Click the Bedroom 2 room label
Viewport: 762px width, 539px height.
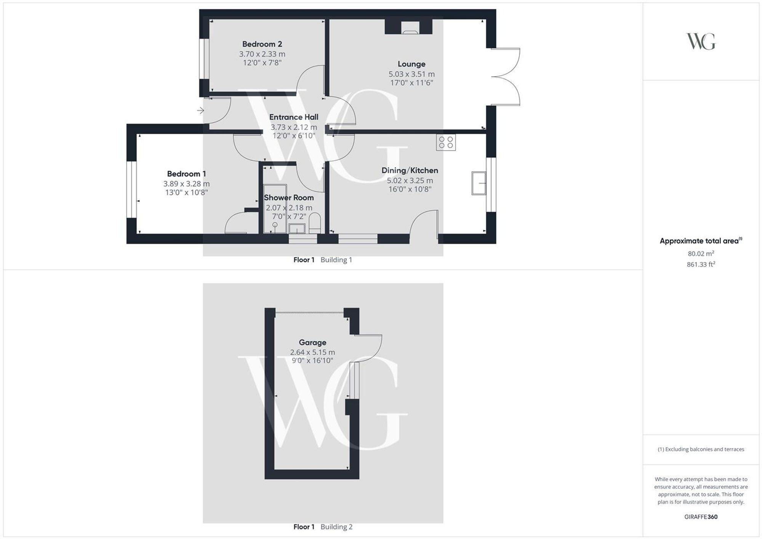pyautogui.click(x=262, y=44)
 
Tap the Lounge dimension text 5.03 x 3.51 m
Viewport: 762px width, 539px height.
pyautogui.click(x=411, y=74)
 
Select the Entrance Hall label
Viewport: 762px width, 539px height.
pyautogui.click(x=294, y=117)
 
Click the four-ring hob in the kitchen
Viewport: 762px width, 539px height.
pyautogui.click(x=446, y=142)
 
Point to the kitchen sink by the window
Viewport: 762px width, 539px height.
pyautogui.click(x=479, y=183)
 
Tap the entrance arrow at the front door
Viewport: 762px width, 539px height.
pyautogui.click(x=200, y=111)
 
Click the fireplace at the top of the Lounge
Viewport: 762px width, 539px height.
pyautogui.click(x=408, y=27)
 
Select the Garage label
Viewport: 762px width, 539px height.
pyautogui.click(x=312, y=342)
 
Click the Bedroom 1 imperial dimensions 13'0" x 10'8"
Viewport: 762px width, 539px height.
pyautogui.click(x=186, y=192)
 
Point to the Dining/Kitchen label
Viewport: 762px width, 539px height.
pyautogui.click(x=410, y=170)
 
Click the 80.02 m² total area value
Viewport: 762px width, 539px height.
pyautogui.click(x=701, y=253)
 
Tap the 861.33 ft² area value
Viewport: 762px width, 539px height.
pyautogui.click(x=701, y=264)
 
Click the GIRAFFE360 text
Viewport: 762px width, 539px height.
pyautogui.click(x=701, y=517)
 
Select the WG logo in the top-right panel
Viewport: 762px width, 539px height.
pyautogui.click(x=701, y=41)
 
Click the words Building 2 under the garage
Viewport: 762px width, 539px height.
pyautogui.click(x=336, y=527)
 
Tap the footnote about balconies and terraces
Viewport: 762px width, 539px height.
pyautogui.click(x=701, y=449)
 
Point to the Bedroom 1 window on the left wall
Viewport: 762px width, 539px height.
pyautogui.click(x=131, y=189)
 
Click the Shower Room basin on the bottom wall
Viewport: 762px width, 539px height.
pyautogui.click(x=297, y=229)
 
